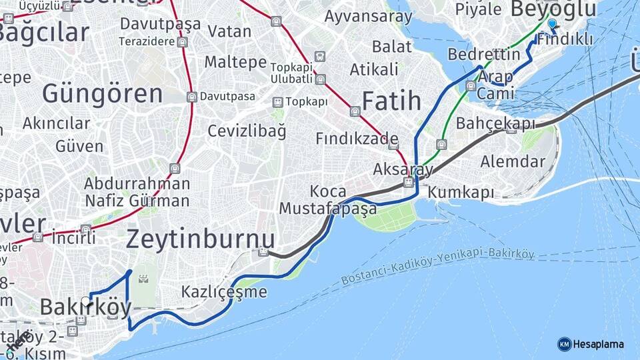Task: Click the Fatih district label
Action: coord(391,101)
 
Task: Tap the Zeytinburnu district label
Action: coord(200,239)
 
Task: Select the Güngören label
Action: coord(103,93)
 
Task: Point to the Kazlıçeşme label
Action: coord(224,292)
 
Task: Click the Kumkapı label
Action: coord(461,193)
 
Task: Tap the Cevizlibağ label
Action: coord(247,131)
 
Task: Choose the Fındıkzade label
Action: coord(356,139)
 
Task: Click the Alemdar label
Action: coord(513,161)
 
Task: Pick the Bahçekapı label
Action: coord(495,123)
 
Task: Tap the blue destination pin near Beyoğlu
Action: coord(551,25)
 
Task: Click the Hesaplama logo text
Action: coord(598,344)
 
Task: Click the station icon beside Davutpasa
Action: coord(192,97)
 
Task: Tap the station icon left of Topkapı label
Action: coord(277,102)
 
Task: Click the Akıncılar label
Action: coord(56,123)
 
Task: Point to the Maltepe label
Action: coord(235,62)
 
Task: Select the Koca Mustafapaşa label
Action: coord(328,200)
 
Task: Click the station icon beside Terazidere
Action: coord(182,41)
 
